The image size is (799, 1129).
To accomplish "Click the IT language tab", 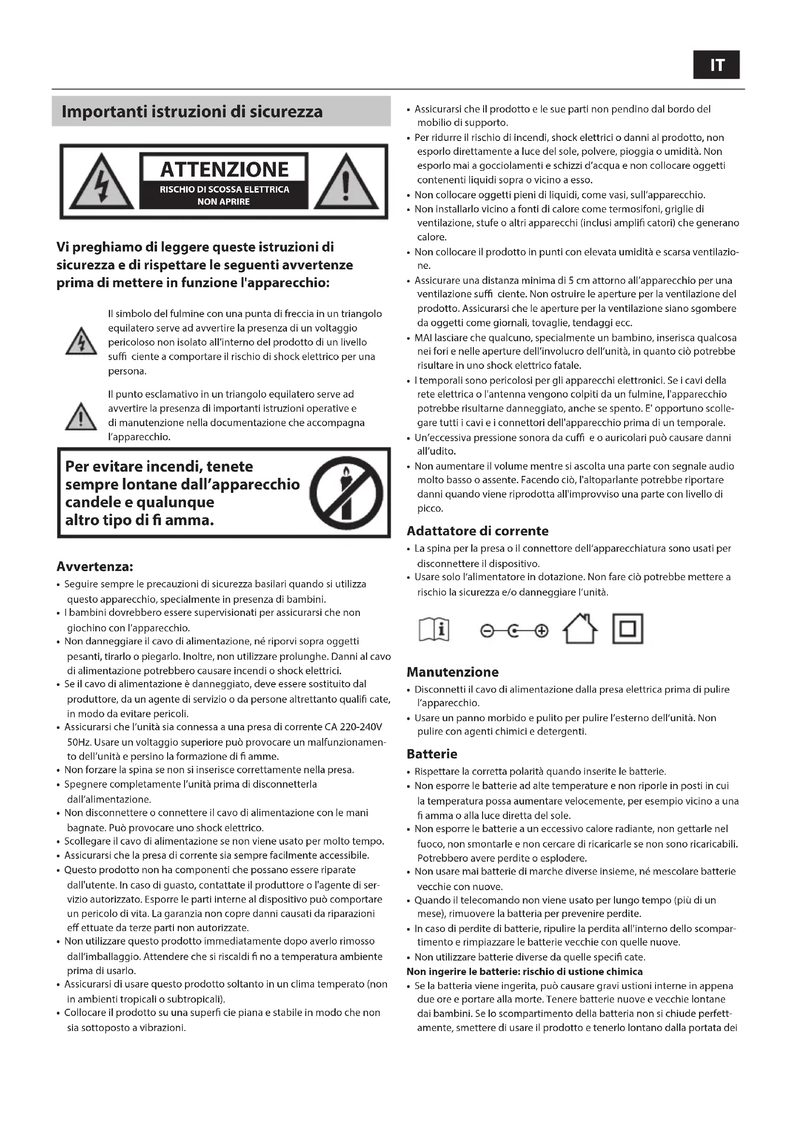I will [716, 65].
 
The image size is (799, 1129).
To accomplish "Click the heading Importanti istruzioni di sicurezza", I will [192, 112].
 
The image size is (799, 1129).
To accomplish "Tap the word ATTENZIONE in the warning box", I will [224, 169].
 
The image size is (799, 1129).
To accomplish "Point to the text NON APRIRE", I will [224, 202].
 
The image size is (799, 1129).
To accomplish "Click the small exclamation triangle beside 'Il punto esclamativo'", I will [81, 417].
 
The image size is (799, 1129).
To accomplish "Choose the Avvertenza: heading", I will [95, 567].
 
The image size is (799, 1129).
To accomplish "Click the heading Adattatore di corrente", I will [477, 531].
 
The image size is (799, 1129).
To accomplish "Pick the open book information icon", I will [434, 630].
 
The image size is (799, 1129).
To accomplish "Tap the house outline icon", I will [580, 629].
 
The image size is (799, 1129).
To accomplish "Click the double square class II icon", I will [628, 629].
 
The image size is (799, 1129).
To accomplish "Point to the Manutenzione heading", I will [453, 672].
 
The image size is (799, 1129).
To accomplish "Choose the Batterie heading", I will [432, 754].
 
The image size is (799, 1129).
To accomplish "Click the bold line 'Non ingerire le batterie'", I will [525, 972].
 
